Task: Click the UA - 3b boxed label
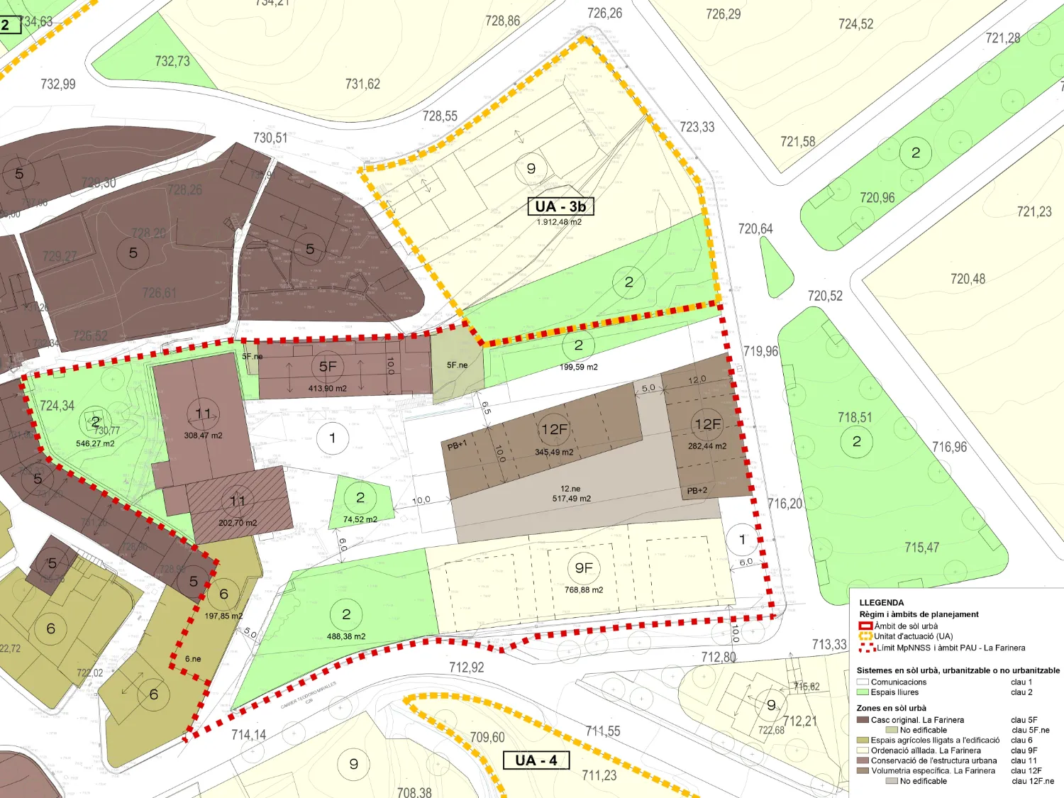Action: (x=560, y=206)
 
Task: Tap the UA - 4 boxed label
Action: (x=536, y=760)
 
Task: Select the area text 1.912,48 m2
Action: (x=559, y=222)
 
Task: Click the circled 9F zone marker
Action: (x=584, y=568)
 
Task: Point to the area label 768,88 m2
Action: (x=584, y=590)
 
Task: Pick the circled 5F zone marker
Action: (x=328, y=367)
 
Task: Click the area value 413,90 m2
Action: (x=328, y=389)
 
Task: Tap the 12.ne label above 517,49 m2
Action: (x=570, y=489)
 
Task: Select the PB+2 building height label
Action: (x=697, y=491)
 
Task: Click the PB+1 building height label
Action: (x=458, y=445)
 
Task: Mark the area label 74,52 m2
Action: (x=360, y=520)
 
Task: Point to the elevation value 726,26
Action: (x=604, y=13)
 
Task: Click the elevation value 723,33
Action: (x=697, y=127)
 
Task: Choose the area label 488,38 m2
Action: (x=346, y=636)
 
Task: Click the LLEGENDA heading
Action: (x=882, y=603)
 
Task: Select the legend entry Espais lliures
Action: (x=894, y=692)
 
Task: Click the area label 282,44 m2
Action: (x=707, y=446)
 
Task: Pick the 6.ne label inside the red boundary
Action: (x=193, y=659)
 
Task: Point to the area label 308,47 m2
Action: (x=203, y=436)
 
